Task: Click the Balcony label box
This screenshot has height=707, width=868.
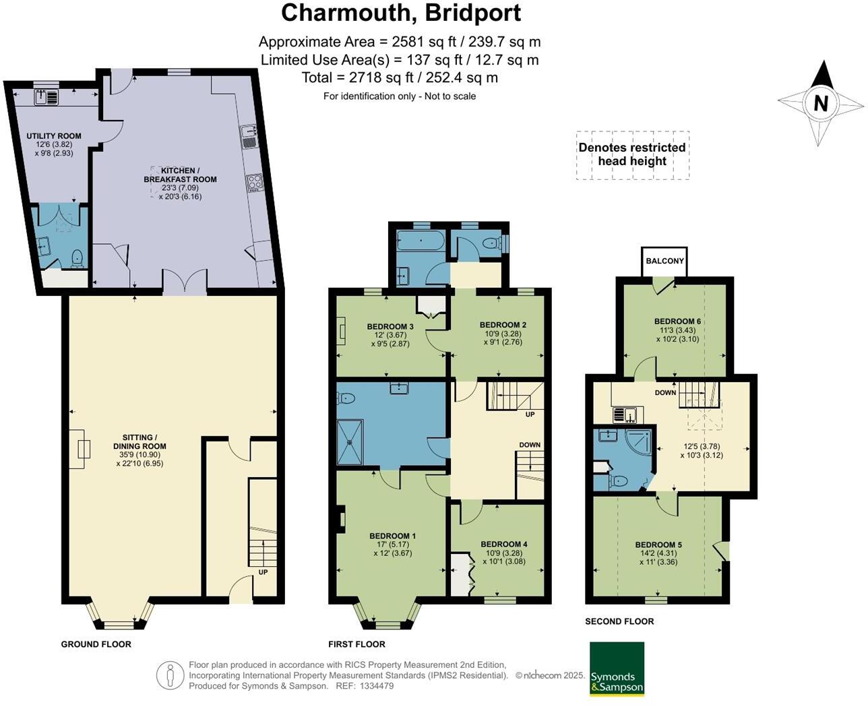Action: [664, 261]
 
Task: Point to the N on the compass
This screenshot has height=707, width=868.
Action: [820, 103]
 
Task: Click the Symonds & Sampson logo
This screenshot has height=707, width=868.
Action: [617, 669]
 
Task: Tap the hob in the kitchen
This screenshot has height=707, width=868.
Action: [255, 183]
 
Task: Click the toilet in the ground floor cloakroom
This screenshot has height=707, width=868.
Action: [77, 257]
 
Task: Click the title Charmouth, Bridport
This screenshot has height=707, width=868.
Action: [400, 13]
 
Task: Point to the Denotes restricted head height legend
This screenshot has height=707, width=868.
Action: [631, 154]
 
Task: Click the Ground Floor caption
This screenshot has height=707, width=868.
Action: [96, 644]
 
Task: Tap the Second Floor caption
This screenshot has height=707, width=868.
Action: [619, 621]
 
